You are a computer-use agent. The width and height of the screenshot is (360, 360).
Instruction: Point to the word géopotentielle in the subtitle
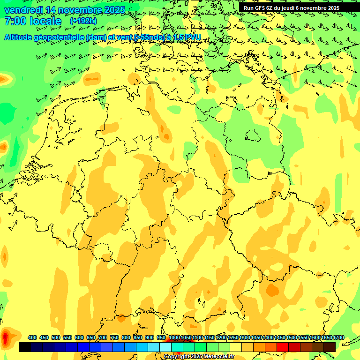60,37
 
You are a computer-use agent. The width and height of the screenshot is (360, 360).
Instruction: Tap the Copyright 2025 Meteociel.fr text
199,357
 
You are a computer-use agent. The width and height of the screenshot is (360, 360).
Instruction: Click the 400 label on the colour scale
32,338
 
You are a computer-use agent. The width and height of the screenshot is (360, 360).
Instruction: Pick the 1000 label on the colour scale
174,338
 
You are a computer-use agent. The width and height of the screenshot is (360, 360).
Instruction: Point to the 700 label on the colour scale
103,338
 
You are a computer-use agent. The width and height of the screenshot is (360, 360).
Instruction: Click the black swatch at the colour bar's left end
25,347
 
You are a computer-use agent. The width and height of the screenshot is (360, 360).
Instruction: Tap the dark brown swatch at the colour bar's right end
330,347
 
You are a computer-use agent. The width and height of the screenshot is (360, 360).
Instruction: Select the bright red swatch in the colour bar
283,347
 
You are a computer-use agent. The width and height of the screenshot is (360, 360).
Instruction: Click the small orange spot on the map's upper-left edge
4,79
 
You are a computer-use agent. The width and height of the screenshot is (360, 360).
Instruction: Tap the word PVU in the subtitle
193,37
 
